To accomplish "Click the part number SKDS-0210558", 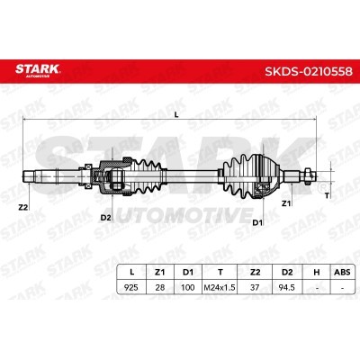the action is pos(309,71).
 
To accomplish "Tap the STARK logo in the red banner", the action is pos(38,70).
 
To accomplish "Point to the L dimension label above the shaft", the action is pos(176,114).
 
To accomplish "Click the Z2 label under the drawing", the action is pos(23,207).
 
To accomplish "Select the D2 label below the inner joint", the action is pos(106,218).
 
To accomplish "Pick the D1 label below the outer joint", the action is pos(257,222).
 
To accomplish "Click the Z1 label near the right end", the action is pos(286,203).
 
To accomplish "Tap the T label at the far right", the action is pos(327,195).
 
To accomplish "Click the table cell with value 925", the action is pos(131,287).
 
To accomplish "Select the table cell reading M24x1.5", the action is pos(220,287).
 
